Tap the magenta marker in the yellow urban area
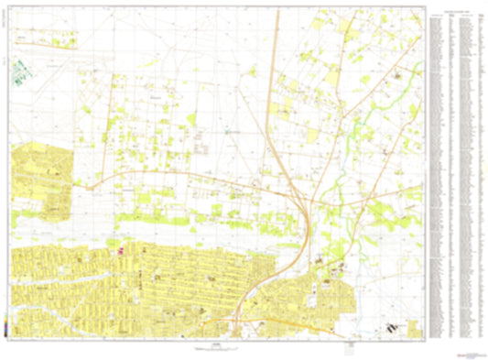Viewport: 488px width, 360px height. (x=120, y=248)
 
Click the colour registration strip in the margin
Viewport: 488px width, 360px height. (x=5, y=323)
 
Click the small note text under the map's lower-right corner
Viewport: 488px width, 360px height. (x=348, y=349)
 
